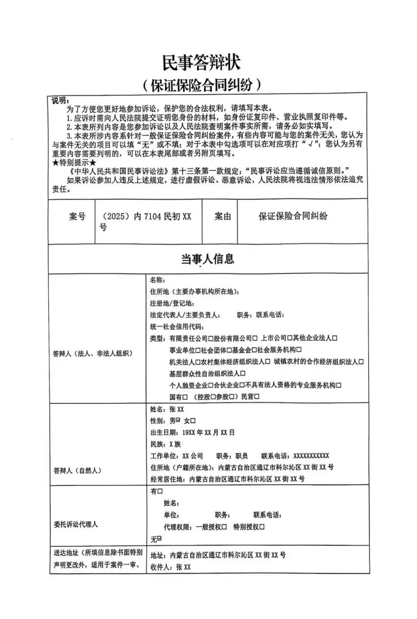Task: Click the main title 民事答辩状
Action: tap(201, 63)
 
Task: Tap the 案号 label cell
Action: tap(77, 217)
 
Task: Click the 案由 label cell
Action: tap(223, 217)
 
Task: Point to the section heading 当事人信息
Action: tap(208, 259)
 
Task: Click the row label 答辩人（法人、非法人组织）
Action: tap(93, 353)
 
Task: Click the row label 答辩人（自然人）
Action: tap(77, 471)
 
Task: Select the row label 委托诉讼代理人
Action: tap(76, 525)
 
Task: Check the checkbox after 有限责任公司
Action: tap(211, 338)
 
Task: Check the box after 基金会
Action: tap(254, 350)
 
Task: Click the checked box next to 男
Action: tap(178, 420)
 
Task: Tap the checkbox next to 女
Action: tap(193, 421)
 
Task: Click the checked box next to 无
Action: tap(159, 538)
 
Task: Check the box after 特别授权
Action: tap(262, 527)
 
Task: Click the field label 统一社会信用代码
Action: tap(177, 327)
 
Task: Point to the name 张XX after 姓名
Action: tap(177, 409)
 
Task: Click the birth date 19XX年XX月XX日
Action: tap(208, 433)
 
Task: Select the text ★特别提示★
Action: tap(74, 162)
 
